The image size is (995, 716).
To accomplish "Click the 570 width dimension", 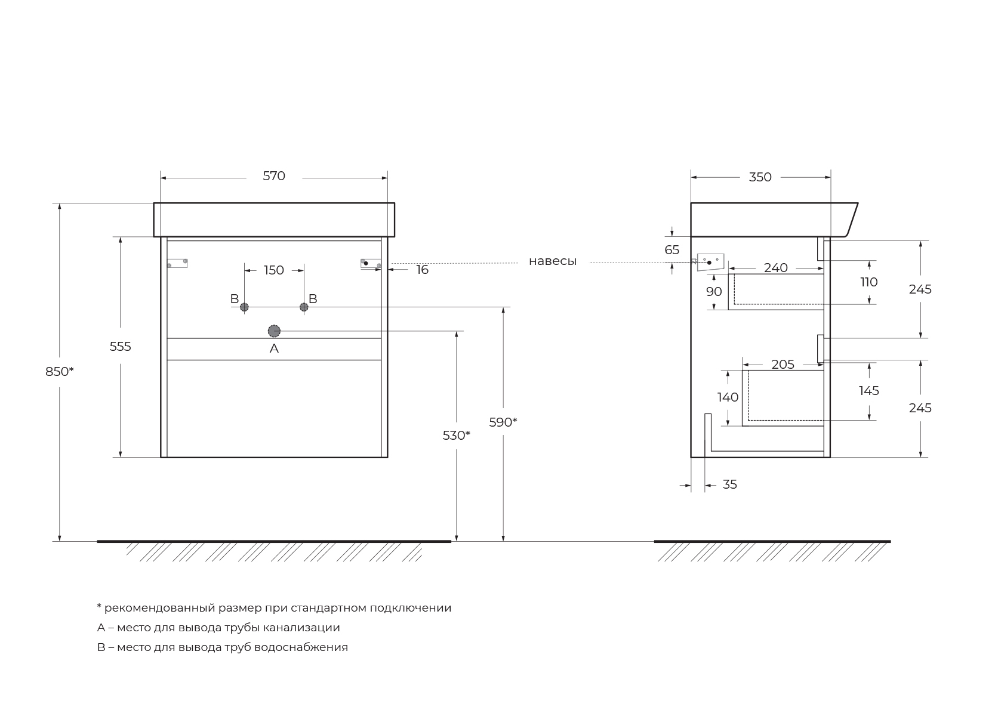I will click(x=274, y=176).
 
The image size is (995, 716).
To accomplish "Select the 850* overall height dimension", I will click(x=59, y=371).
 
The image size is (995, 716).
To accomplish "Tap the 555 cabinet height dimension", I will click(x=120, y=347).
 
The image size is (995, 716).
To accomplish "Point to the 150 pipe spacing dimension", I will click(x=274, y=270).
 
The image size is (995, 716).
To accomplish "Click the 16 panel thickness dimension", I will click(x=422, y=270).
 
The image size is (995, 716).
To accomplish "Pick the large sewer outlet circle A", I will click(x=274, y=331).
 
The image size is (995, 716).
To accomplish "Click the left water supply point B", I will click(x=244, y=307).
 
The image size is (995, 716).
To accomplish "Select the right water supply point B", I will click(x=304, y=307).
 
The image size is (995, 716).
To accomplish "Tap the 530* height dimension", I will click(x=456, y=436).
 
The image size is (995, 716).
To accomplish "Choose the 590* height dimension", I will click(x=503, y=422).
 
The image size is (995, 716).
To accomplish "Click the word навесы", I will click(x=553, y=261).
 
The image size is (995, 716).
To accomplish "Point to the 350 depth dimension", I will click(x=760, y=177).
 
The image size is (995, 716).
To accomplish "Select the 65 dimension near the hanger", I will click(x=672, y=250).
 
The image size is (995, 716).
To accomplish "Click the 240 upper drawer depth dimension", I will click(x=775, y=268).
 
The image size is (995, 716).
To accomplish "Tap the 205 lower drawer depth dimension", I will click(x=783, y=365).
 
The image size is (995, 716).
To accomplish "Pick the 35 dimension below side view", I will click(x=729, y=484).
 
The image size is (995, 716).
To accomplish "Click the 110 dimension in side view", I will click(x=869, y=282).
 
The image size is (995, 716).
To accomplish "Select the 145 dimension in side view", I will click(x=869, y=391).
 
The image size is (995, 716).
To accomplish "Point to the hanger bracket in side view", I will click(x=710, y=262).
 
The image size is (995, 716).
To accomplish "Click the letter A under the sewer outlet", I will click(x=274, y=348).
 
